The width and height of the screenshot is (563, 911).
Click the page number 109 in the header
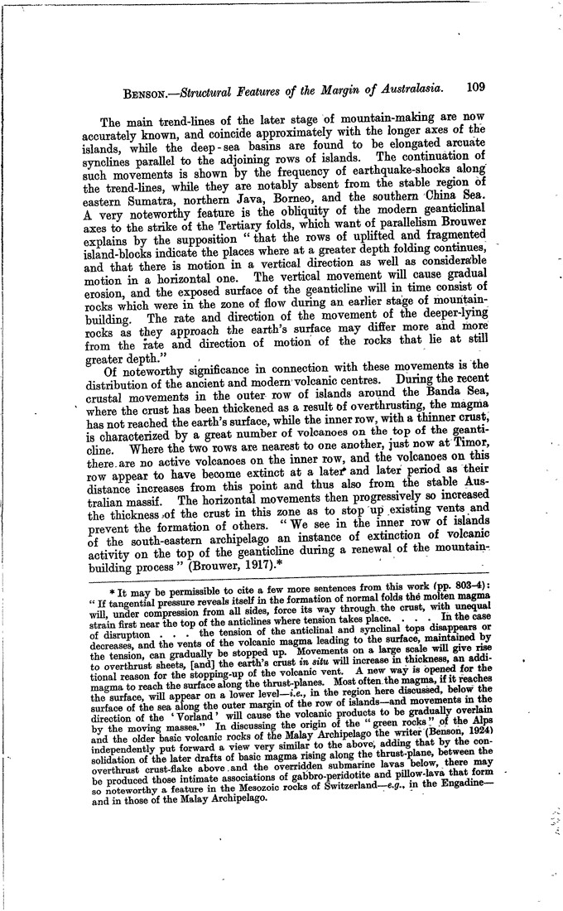tap(481, 85)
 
